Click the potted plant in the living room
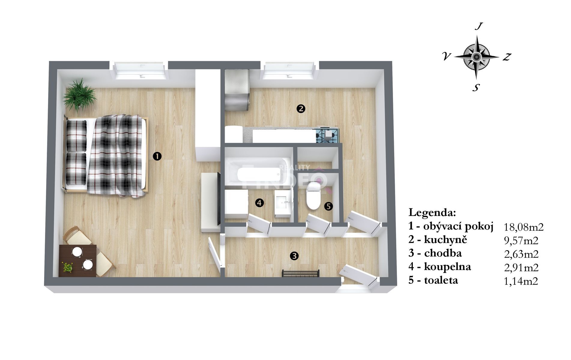coord(80,95)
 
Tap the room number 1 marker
coord(157,156)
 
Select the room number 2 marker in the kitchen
coord(301,109)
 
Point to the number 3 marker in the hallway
coord(294,256)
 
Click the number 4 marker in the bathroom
coord(259,203)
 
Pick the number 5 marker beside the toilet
coord(329,206)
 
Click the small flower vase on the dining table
coord(68,267)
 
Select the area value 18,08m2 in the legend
coord(524,227)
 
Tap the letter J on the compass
coord(478,27)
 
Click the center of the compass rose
coord(476,56)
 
